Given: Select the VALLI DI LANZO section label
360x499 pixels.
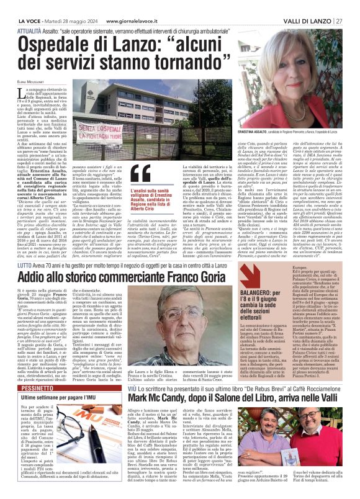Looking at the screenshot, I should pyautogui.click(x=305, y=6).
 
